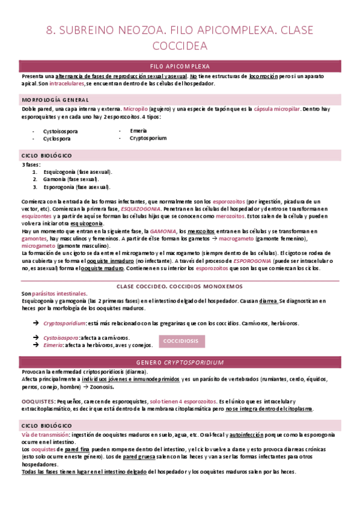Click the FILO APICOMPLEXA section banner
coord(180,67)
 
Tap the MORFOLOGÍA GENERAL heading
coord(55,99)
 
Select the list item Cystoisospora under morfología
coord(62,131)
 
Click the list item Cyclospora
coord(56,138)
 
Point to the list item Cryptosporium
coord(148,138)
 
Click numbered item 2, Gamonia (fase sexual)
coord(72,179)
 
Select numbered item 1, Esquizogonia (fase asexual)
coord(78,171)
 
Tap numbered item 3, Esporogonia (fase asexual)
coord(78,186)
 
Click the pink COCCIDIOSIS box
coord(182,341)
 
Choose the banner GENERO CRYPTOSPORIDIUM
coord(180,363)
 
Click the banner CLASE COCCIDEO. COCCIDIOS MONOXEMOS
coord(180,286)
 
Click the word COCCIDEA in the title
coord(180,46)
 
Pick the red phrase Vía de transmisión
coord(45,434)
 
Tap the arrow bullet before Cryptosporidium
coord(35,324)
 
